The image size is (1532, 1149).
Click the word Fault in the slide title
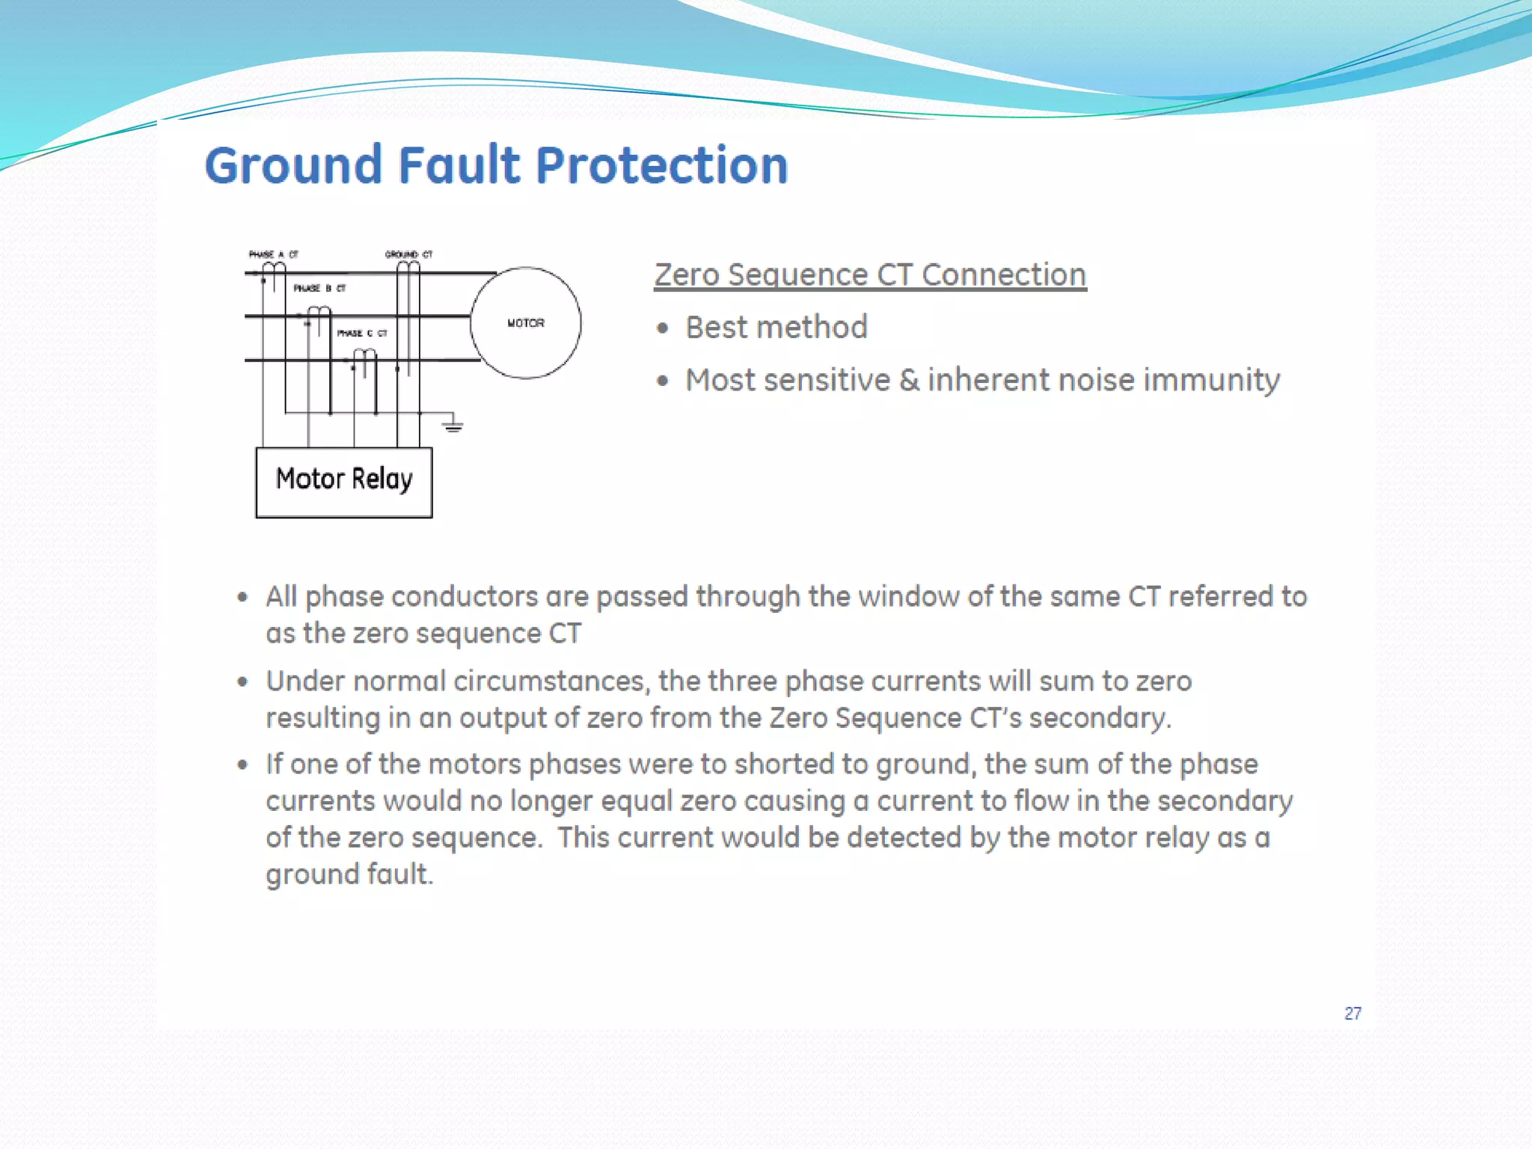click(x=459, y=165)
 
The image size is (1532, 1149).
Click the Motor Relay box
click(x=344, y=482)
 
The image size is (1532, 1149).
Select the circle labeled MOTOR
click(x=526, y=322)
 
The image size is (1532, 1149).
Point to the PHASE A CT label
click(x=273, y=254)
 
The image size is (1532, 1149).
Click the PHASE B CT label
click(x=319, y=288)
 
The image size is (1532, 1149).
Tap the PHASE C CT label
click(x=362, y=333)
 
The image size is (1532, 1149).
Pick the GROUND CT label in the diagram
click(x=408, y=254)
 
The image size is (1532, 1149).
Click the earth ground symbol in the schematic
click(x=453, y=426)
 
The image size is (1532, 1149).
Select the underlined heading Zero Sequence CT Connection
click(x=870, y=275)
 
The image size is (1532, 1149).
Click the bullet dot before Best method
click(x=662, y=328)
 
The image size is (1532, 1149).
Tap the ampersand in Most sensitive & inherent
click(x=909, y=381)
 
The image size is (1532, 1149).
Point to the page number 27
click(x=1352, y=1014)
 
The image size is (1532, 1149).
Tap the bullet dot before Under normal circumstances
click(x=242, y=681)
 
